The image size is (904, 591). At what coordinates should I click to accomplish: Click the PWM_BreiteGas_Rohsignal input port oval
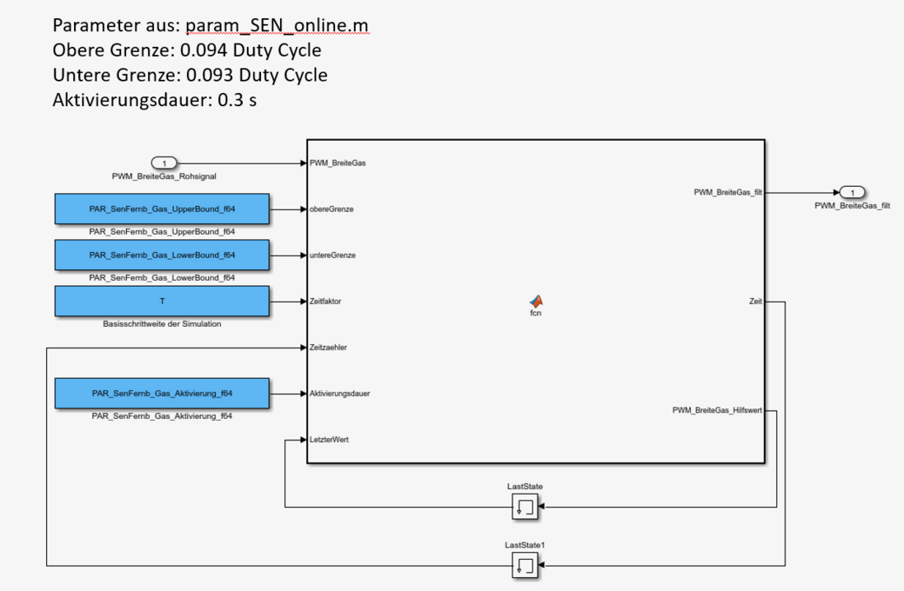point(164,163)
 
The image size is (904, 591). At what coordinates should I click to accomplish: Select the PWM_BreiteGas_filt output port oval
point(853,193)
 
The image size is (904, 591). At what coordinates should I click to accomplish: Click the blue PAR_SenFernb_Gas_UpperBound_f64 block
point(162,209)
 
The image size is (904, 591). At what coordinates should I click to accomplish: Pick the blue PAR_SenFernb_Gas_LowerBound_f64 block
point(162,256)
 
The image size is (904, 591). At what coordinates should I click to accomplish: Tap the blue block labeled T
point(162,302)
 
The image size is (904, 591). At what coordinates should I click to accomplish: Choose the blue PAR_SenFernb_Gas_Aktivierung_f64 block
point(162,394)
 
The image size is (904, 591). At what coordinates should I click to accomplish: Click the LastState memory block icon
point(525,507)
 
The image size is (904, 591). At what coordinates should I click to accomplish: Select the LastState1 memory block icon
point(525,566)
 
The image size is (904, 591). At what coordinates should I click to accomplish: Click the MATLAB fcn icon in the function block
point(536,301)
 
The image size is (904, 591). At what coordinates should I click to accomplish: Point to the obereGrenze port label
point(331,209)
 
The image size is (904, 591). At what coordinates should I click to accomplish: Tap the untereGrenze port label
point(332,256)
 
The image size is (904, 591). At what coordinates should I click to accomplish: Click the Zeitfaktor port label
point(325,302)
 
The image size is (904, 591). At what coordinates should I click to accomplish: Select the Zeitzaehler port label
point(328,348)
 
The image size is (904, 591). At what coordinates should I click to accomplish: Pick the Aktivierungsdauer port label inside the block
point(339,394)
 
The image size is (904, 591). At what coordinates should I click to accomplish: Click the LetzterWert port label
point(328,440)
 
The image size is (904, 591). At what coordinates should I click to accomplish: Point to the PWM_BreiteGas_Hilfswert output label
point(717,410)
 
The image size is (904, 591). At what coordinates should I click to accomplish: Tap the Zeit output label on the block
point(755,302)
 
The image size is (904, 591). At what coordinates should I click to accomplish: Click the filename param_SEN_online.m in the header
point(277,25)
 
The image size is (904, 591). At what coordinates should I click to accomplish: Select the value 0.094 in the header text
point(204,50)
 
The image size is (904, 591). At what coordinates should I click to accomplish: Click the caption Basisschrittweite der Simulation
point(162,324)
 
